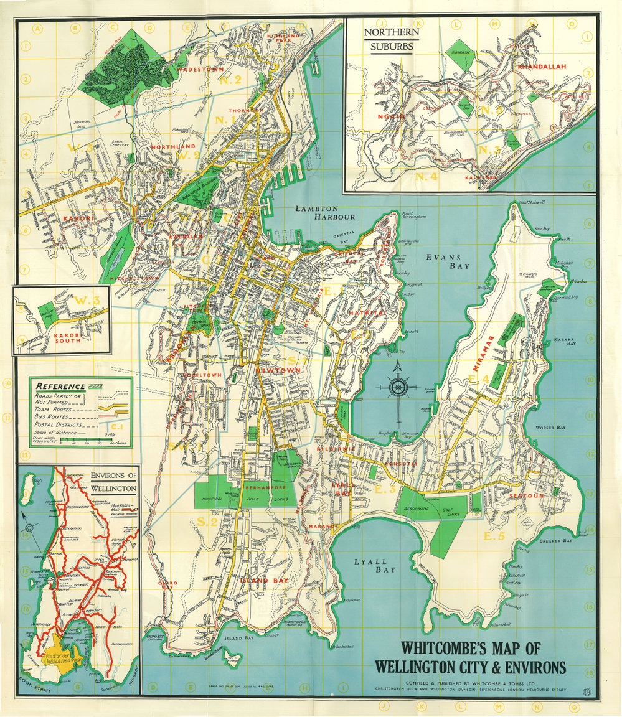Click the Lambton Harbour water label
pos(316,213)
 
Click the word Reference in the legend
pos(60,387)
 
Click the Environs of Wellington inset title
pos(113,481)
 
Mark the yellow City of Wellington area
pos(63,651)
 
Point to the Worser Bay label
pos(550,428)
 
